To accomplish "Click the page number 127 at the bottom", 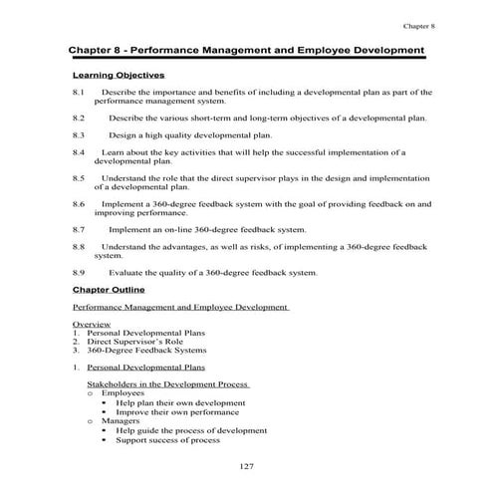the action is point(248,467).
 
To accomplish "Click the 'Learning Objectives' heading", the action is point(119,75).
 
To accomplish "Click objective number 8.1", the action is point(80,93).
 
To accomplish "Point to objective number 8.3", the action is point(80,134).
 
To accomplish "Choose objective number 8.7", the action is point(80,228).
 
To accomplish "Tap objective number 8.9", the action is point(80,271).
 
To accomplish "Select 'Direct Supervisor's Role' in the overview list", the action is point(134,343).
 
